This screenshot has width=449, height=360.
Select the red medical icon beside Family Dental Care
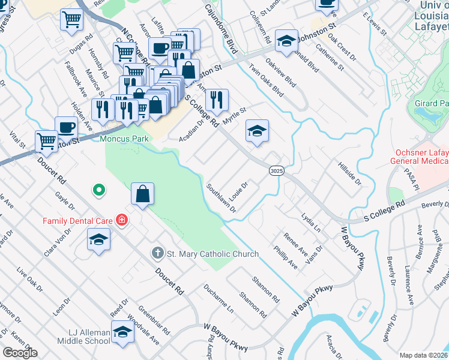[122, 221]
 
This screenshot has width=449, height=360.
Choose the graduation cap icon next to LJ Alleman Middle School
[122, 332]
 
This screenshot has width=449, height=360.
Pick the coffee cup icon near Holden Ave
[66, 127]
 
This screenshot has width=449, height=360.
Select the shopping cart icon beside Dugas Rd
[71, 19]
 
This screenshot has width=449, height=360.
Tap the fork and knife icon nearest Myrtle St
[217, 99]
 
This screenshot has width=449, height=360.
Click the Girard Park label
[431, 104]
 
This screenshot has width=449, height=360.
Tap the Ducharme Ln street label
[218, 300]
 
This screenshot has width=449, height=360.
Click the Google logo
[19, 352]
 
